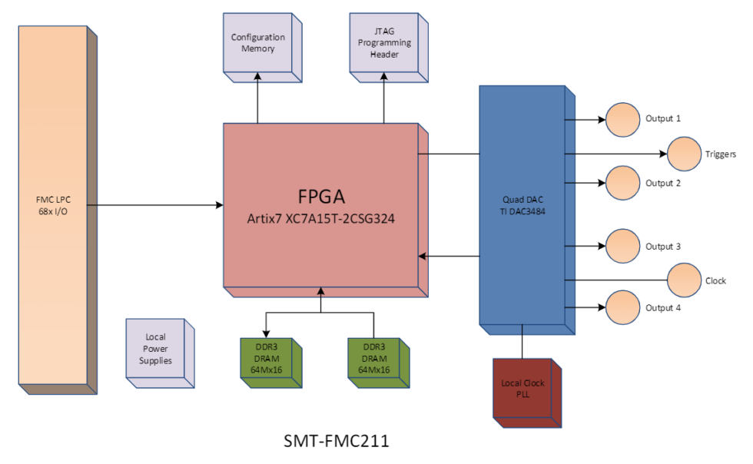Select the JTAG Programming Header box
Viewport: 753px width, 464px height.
[x=383, y=43]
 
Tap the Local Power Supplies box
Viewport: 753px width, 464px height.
[x=155, y=349]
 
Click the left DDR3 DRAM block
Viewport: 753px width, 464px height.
[x=267, y=359]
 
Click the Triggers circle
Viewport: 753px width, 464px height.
[x=683, y=154]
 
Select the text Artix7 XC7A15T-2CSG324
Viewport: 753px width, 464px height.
[x=321, y=218]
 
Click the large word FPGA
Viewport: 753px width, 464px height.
[x=321, y=194]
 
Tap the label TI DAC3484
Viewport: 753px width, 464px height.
[x=522, y=211]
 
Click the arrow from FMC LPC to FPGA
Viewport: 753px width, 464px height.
[x=154, y=205]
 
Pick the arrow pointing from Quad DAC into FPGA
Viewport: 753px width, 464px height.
[x=449, y=256]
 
